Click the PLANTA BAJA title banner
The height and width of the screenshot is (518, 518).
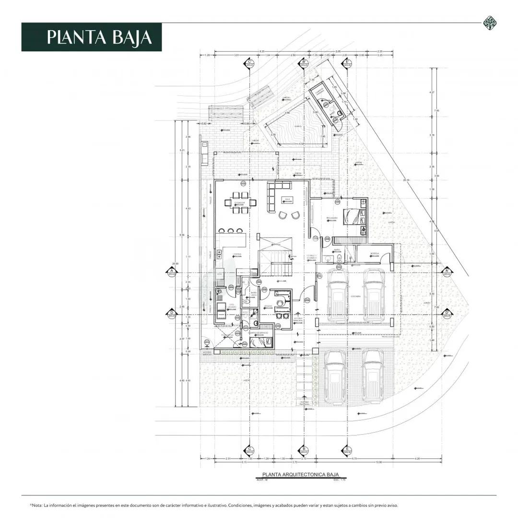[x=91, y=37]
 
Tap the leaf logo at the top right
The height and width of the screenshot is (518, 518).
[x=489, y=23]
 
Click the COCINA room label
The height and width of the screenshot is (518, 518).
[x=236, y=255]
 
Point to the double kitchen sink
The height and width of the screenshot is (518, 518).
[x=219, y=254]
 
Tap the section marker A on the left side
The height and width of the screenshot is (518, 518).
[x=171, y=272]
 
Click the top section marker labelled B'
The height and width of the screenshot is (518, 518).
[x=304, y=63]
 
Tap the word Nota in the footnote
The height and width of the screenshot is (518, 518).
[x=37, y=505]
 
